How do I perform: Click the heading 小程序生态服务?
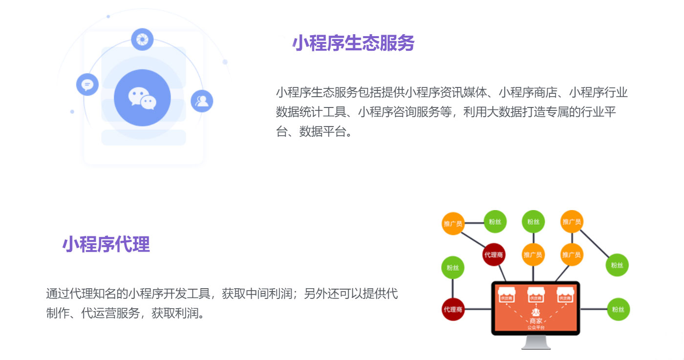pos(353,43)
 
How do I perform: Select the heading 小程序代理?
pos(106,244)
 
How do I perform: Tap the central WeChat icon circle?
pos(142,98)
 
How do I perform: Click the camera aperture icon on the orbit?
pos(142,39)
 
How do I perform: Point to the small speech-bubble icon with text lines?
pos(87,85)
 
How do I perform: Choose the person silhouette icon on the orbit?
pos(202,101)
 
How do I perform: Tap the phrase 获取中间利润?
pos(257,294)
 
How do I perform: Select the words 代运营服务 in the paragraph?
pos(110,313)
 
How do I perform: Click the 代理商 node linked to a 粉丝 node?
pos(453,309)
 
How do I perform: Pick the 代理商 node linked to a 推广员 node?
pos(493,254)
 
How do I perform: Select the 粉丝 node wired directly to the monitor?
pos(619,309)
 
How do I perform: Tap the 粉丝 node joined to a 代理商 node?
pos(453,267)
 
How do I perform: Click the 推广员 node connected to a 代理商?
pos(453,223)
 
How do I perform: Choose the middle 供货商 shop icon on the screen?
pos(535,295)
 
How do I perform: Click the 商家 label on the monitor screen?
pos(535,321)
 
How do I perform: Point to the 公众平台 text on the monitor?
pos(535,327)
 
